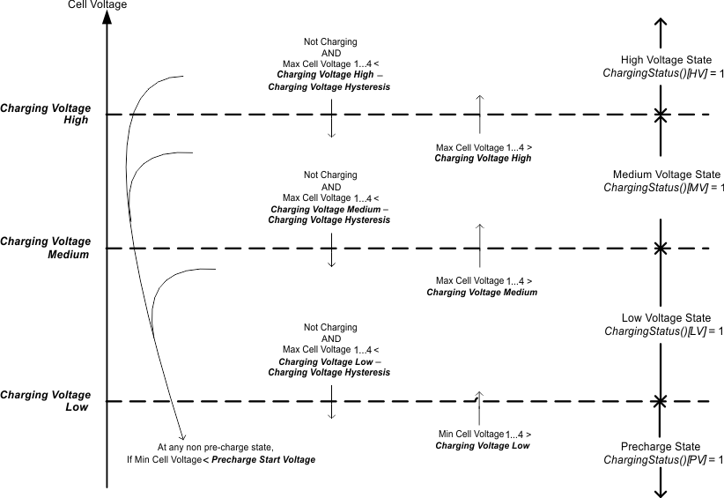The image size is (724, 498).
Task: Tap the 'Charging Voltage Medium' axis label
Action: [x=46, y=248]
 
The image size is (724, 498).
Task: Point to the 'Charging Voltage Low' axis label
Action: [x=46, y=401]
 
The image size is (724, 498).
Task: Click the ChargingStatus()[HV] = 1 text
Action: [x=662, y=73]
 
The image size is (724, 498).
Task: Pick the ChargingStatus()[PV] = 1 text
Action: [x=662, y=460]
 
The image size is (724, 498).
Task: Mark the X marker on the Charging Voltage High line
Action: [x=660, y=115]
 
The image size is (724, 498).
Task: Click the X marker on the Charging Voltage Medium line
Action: [x=660, y=249]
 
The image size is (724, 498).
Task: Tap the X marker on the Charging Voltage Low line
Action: [x=660, y=402]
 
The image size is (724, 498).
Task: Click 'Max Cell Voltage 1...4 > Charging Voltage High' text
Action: [x=483, y=152]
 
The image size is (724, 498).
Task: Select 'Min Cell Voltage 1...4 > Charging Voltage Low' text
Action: [x=483, y=440]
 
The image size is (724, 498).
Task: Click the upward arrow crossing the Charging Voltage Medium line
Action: [x=479, y=246]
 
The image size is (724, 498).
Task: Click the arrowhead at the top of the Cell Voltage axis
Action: [x=106, y=19]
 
